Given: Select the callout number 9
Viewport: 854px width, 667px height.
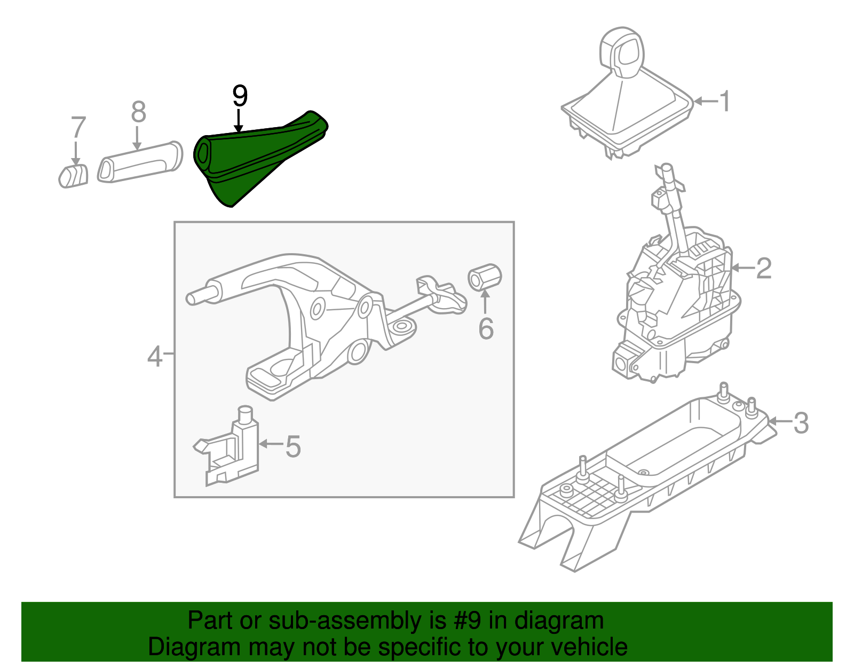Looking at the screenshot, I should click(x=240, y=96).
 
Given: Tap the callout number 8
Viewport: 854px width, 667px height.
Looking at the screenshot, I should click(x=138, y=112).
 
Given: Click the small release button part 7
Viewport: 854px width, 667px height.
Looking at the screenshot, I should click(x=73, y=176).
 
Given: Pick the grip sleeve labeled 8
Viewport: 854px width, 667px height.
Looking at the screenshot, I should click(x=140, y=162).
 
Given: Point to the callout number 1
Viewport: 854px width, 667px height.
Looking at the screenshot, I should click(x=724, y=101).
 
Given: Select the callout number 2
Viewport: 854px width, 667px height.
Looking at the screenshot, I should click(x=764, y=268).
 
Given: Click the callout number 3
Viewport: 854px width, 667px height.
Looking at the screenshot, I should click(x=801, y=423).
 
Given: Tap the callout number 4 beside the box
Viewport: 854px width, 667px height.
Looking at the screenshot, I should click(x=154, y=356).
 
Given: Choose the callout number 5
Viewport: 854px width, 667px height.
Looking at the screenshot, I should click(x=293, y=446).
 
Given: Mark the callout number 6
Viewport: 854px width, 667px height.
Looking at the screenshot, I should click(x=486, y=328).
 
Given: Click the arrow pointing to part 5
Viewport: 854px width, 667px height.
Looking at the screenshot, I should click(x=270, y=444).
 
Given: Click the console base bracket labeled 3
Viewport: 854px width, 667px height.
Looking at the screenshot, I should click(x=640, y=481).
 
